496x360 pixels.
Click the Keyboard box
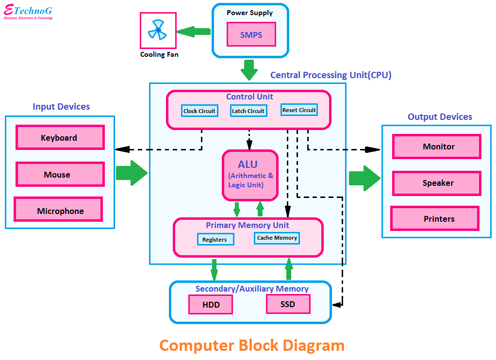point(60,137)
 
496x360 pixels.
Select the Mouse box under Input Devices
point(60,174)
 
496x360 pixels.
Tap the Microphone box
point(58,210)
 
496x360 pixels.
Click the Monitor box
point(436,147)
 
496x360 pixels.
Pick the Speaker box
point(436,183)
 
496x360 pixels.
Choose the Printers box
point(435,218)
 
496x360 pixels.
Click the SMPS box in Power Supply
point(251,34)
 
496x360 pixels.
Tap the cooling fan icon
point(158,30)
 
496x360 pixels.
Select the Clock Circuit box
point(199,111)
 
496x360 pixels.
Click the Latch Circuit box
point(248,111)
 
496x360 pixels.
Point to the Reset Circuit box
point(299,110)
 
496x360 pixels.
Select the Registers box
point(215,239)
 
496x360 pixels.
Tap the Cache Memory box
point(277,238)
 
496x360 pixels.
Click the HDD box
point(211,305)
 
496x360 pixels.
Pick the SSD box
point(288,304)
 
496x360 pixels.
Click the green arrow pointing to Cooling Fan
point(194,32)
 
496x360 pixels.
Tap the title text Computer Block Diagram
point(251,345)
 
